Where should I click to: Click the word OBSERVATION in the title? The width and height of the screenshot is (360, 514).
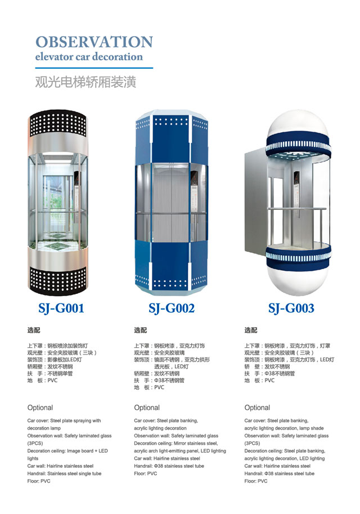point(94,42)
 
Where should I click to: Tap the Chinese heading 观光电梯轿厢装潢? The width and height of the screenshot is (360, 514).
point(85,82)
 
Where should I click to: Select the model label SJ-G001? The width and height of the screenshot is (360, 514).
point(61,308)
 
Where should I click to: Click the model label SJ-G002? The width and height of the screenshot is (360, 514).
point(172,308)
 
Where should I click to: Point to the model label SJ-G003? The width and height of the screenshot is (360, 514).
point(291,308)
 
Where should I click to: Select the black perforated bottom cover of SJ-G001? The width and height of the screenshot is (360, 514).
point(58,280)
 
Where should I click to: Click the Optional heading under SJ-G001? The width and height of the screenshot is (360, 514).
point(40,408)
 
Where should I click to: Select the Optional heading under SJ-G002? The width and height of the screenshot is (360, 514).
point(147,408)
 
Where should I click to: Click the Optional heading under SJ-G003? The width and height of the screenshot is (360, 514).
point(257,408)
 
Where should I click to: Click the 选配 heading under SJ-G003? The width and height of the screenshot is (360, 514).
point(251,330)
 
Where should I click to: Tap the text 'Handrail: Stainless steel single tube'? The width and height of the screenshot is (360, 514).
point(64,473)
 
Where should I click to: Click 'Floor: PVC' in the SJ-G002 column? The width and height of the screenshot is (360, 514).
point(146,473)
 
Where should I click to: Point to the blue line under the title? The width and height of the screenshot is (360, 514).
point(94,68)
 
